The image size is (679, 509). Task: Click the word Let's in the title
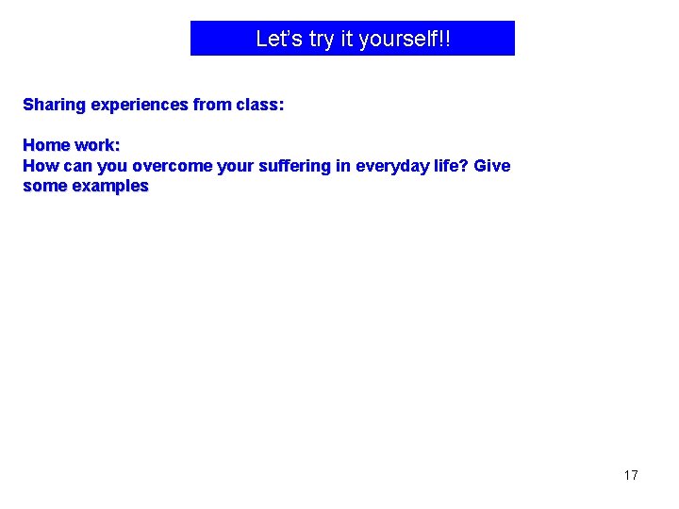click(x=277, y=39)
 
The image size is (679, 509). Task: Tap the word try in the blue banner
click(x=323, y=39)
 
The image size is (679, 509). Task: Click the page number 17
click(x=631, y=475)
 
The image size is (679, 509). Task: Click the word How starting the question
click(x=40, y=166)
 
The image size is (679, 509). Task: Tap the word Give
click(x=492, y=166)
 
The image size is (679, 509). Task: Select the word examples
click(x=110, y=186)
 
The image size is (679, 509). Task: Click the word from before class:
click(x=212, y=105)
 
